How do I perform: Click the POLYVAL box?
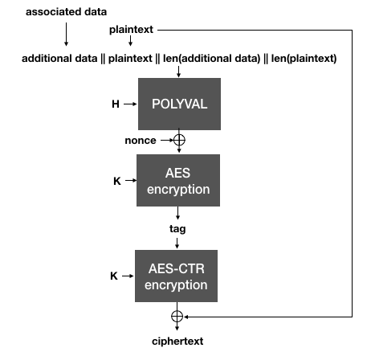(178, 104)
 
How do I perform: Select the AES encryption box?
(178, 181)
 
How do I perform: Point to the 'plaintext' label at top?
(132, 30)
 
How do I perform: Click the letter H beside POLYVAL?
(116, 104)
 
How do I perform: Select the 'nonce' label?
(141, 140)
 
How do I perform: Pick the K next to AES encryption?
(116, 180)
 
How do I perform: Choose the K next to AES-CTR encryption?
(114, 276)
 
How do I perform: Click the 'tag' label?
(177, 228)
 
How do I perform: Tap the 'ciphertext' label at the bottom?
(177, 342)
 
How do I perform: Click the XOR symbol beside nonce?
(178, 140)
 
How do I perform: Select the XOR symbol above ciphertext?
(178, 316)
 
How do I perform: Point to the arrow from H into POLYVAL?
(130, 104)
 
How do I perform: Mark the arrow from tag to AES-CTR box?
(178, 242)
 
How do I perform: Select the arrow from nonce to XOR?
(165, 140)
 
